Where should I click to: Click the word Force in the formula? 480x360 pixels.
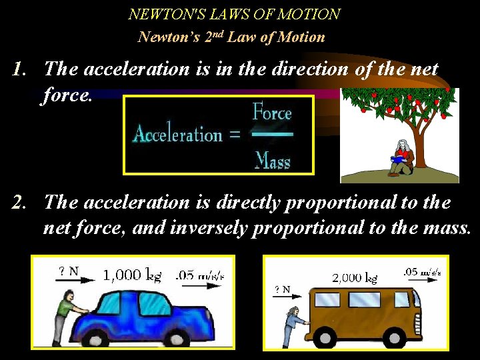tap(272, 113)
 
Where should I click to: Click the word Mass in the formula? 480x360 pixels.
tap(273, 160)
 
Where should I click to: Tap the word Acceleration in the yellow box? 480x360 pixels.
tap(178, 134)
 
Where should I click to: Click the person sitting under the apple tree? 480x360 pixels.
tap(402, 157)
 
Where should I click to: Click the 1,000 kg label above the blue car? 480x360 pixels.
tap(132, 275)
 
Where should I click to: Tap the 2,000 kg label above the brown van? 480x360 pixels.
tap(355, 277)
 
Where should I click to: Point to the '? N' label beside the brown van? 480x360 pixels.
tap(283, 289)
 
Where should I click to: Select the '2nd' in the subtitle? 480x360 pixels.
tap(211, 37)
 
